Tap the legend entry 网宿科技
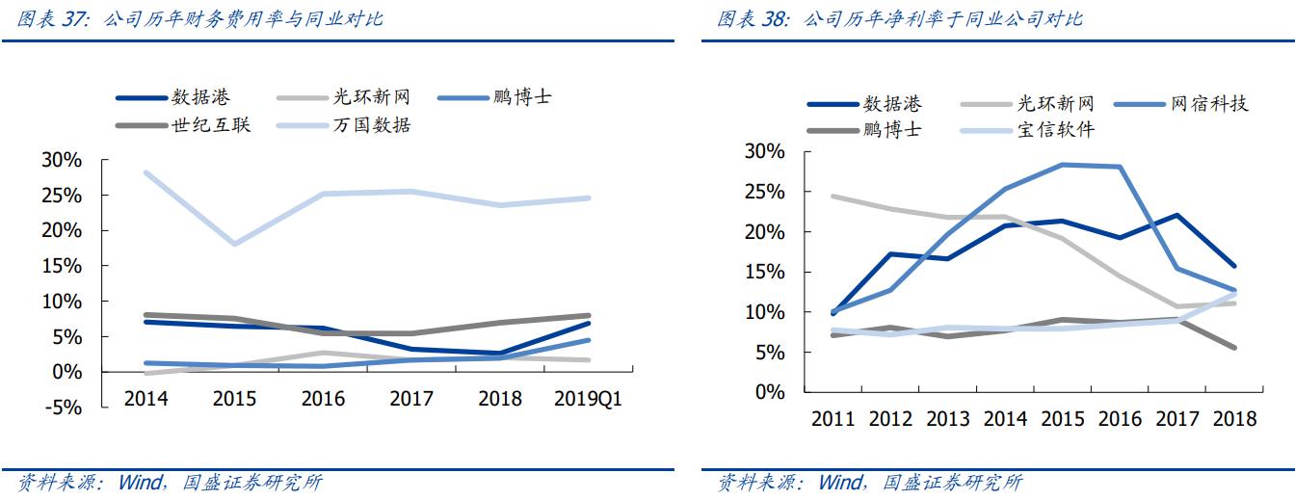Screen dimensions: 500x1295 pos(1209,104)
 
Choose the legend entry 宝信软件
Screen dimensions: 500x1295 pos(1055,129)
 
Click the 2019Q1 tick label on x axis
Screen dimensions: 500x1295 pos(589,399)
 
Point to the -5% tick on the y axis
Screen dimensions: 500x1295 pos(62,408)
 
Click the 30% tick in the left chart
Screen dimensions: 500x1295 pos(62,160)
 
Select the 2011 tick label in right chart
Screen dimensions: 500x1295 pos(834,418)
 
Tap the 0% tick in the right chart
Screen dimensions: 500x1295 pos(770,392)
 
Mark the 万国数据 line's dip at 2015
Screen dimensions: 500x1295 pos(234,244)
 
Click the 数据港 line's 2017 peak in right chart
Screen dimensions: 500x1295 pos(1177,215)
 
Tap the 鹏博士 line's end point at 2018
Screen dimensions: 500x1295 pos(1234,348)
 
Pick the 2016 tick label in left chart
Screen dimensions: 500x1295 pos(323,399)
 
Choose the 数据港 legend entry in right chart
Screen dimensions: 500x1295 pos(891,104)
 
